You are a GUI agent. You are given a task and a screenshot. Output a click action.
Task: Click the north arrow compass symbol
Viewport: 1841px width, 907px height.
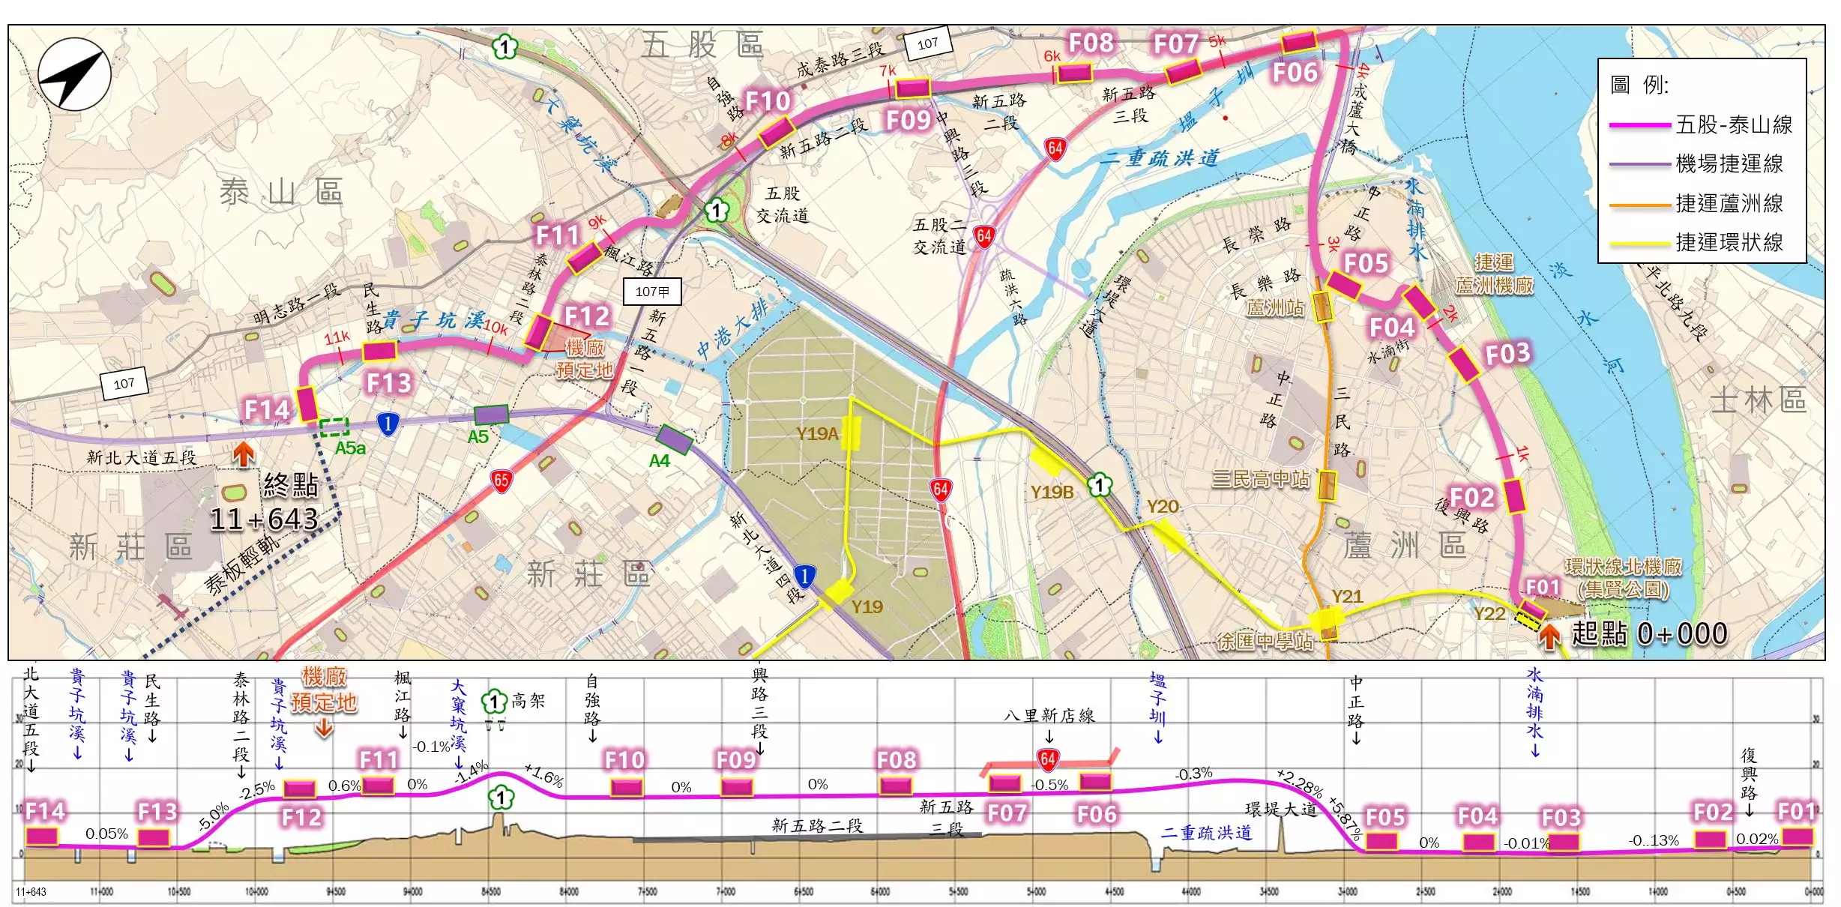click(74, 75)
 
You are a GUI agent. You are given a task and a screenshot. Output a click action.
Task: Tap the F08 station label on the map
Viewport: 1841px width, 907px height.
click(1090, 43)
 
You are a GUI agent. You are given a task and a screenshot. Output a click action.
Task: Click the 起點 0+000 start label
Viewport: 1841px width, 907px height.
click(1648, 634)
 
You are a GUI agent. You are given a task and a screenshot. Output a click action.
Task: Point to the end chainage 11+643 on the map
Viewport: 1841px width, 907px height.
click(264, 519)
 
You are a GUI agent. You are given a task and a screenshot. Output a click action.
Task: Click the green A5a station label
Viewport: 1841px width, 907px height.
click(350, 448)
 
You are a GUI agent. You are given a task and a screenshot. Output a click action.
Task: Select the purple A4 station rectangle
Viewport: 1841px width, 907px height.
click(674, 439)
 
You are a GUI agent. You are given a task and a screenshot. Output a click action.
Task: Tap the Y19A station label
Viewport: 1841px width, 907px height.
click(817, 433)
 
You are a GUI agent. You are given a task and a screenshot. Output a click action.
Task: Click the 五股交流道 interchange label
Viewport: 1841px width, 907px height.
click(783, 205)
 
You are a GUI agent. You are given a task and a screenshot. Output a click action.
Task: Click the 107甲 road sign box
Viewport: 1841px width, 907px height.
click(652, 292)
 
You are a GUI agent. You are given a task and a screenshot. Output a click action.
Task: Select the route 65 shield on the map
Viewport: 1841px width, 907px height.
click(501, 480)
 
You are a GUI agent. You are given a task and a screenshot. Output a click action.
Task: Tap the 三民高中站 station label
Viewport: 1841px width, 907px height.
click(1261, 479)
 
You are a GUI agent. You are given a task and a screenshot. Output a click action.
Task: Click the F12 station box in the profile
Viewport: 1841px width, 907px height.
click(300, 789)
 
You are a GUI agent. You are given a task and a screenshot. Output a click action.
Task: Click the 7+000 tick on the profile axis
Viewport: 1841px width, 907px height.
click(725, 892)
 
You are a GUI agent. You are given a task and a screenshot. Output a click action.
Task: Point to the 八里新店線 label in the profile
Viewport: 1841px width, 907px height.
click(1049, 716)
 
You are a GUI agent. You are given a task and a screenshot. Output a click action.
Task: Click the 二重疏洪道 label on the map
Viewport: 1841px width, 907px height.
click(1159, 158)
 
